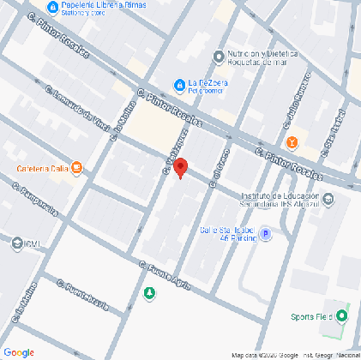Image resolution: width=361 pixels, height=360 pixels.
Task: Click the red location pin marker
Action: [x=180, y=168]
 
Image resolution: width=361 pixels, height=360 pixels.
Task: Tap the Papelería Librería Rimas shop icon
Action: [x=54, y=7]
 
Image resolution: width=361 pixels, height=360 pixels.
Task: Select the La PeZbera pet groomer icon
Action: [x=179, y=84]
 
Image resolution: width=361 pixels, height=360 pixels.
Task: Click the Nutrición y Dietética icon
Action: [x=220, y=57]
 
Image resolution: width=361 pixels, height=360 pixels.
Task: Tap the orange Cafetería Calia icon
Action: [x=78, y=168]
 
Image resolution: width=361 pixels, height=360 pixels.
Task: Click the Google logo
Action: [x=19, y=352]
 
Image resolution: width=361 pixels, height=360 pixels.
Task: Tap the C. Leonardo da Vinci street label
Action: [x=76, y=111]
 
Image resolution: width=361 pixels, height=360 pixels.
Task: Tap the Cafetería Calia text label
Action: [x=42, y=168]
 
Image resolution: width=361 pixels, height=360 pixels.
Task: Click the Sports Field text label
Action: [x=310, y=317]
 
